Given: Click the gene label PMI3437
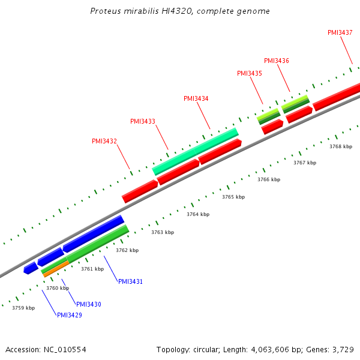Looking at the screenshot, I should coord(340,32).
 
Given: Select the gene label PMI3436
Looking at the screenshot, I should coord(277,61).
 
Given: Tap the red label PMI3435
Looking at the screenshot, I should coord(250,73).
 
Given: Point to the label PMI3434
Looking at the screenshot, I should coord(196,98).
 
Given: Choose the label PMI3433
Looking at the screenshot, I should coord(143,121).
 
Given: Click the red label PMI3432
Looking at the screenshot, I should coord(104,142).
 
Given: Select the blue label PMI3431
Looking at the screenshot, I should coord(130,281).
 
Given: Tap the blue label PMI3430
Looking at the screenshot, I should coord(89,304).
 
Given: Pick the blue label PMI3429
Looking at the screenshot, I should coord(70,315).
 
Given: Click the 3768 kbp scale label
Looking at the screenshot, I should coord(341,146).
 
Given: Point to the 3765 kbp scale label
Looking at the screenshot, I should coord(233,197).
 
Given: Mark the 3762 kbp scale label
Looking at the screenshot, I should coord(127,250).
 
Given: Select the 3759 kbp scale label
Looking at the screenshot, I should coord(23,308).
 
